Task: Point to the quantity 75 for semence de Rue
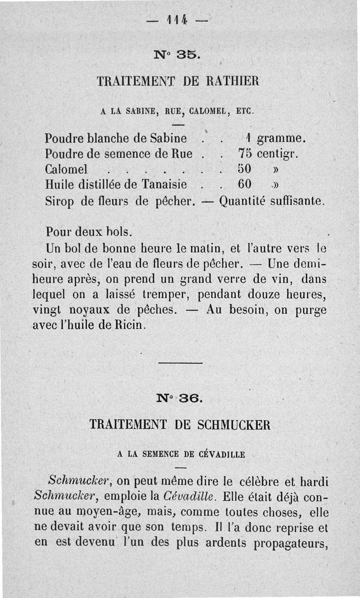click(244, 153)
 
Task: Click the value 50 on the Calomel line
click(244, 169)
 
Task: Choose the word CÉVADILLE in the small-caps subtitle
click(220, 454)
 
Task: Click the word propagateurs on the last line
click(290, 543)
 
